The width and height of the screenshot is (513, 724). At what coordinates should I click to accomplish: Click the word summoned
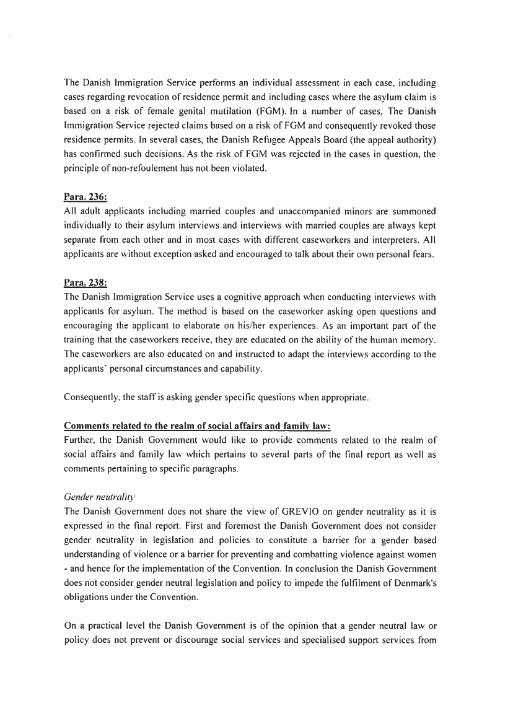coord(413,211)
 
